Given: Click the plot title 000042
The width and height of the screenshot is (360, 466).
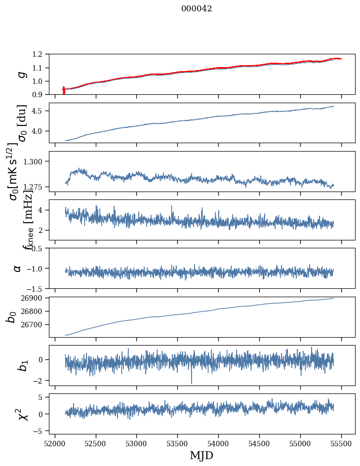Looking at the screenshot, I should [x=197, y=9].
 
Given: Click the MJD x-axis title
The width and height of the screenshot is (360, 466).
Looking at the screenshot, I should [x=201, y=456].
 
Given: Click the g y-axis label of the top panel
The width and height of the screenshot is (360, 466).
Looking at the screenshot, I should [x=20, y=75].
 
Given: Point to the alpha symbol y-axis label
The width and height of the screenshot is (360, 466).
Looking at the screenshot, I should [x=17, y=268].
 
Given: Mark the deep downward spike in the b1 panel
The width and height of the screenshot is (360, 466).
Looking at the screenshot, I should [x=192, y=381].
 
